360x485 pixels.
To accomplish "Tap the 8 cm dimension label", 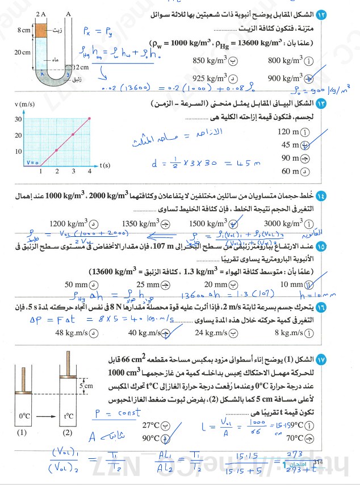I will click(24, 28).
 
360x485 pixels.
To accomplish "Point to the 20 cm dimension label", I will click(24, 52).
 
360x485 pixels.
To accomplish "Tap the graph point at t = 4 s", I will click(90, 119).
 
